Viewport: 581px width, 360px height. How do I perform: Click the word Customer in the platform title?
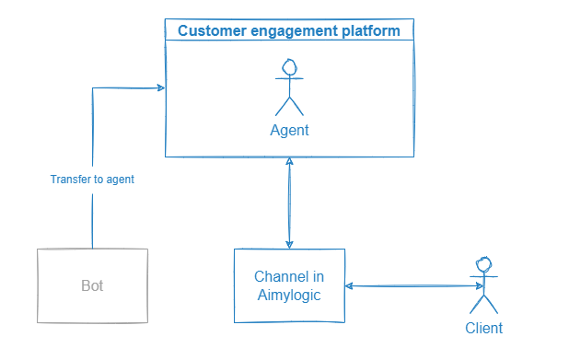(208, 31)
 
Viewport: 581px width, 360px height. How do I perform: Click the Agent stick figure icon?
(289, 87)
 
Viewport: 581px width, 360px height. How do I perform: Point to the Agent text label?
(289, 131)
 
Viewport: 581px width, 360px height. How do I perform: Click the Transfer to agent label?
(92, 180)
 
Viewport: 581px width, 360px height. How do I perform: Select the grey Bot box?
(92, 285)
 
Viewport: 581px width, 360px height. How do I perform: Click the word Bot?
(92, 285)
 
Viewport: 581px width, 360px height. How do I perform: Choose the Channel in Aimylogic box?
(289, 285)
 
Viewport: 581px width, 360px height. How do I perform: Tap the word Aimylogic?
(289, 295)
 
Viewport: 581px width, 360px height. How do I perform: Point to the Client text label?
(484, 328)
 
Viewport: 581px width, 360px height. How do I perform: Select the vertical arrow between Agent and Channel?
(290, 203)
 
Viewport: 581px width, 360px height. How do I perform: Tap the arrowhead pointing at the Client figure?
(468, 286)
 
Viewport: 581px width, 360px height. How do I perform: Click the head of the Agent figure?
(289, 67)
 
